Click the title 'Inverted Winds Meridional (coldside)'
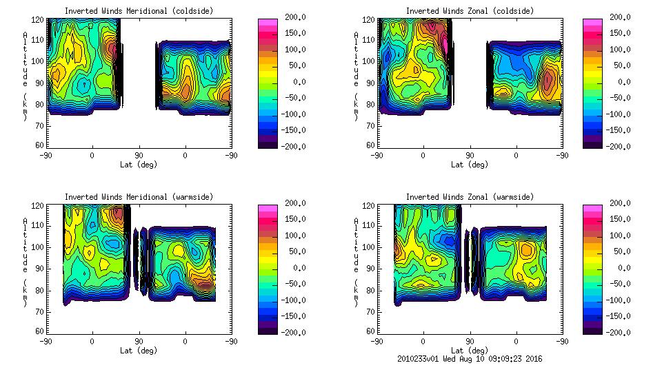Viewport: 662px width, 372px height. [x=139, y=11]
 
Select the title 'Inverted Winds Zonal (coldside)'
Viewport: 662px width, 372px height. [x=470, y=11]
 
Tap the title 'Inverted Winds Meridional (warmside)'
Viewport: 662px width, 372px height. [x=139, y=197]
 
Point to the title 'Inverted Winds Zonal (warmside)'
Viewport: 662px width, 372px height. [x=470, y=197]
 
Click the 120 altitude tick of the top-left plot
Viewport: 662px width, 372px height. [x=40, y=20]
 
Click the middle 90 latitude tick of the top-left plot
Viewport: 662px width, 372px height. [x=139, y=156]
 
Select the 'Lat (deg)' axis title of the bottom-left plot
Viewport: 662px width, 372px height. [x=139, y=351]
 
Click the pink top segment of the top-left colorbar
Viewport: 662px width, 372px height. [x=268, y=23]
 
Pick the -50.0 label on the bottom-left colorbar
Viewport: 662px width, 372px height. [x=295, y=284]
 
